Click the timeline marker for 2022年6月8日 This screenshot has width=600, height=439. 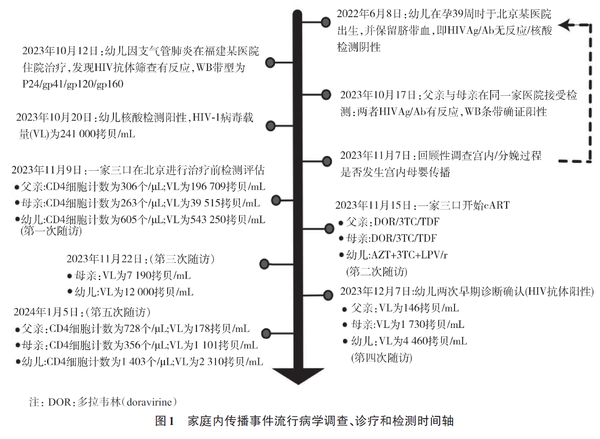pyautogui.click(x=326, y=22)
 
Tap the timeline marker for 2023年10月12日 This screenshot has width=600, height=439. pyautogui.click(x=270, y=62)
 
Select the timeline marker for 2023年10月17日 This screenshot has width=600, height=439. pyautogui.click(x=326, y=94)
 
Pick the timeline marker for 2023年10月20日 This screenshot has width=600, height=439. pyautogui.click(x=271, y=126)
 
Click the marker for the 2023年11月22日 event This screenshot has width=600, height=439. pyautogui.click(x=264, y=264)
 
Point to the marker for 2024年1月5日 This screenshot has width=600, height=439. pyautogui.click(x=266, y=333)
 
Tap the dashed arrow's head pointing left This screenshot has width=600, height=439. pyautogui.click(x=565, y=25)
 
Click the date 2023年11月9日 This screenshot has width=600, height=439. pyautogui.click(x=47, y=170)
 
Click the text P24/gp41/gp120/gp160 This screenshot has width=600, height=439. pyautogui.click(x=73, y=84)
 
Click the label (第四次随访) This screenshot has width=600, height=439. pyautogui.click(x=382, y=358)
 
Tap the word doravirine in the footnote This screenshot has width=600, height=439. pyautogui.click(x=149, y=402)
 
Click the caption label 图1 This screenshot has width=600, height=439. pyautogui.click(x=164, y=421)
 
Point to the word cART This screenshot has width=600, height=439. pyautogui.click(x=497, y=205)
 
